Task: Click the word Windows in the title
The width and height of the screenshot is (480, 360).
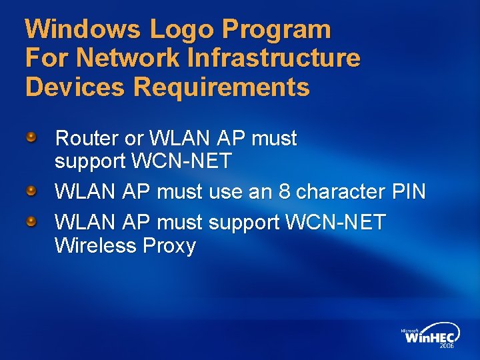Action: (x=83, y=29)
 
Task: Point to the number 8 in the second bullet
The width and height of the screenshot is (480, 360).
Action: (x=284, y=193)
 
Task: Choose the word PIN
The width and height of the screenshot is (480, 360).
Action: (x=409, y=193)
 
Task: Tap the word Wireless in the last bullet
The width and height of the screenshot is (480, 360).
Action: (x=95, y=247)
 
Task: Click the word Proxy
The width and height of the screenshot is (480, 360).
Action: (x=169, y=247)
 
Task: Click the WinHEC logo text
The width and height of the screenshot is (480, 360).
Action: (x=430, y=337)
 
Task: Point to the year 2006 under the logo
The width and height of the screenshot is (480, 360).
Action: (x=447, y=347)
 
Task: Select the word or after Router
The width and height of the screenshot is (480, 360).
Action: (x=133, y=139)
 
